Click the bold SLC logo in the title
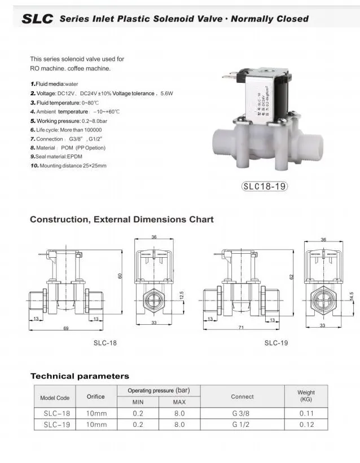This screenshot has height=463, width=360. click(38, 19)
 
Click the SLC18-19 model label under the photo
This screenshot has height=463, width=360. click(264, 187)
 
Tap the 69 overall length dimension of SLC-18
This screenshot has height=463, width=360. click(66, 328)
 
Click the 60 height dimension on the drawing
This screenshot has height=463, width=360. click(120, 276)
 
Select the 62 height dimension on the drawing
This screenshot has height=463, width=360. click(291, 276)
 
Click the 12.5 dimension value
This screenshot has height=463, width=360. click(182, 296)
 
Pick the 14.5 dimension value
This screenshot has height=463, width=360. click(352, 296)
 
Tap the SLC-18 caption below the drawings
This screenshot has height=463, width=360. click(105, 342)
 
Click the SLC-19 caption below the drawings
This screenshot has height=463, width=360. click(276, 342)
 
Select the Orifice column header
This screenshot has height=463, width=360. click(95, 396)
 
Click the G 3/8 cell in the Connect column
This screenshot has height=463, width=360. click(241, 413)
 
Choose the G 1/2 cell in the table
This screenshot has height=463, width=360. click(241, 425)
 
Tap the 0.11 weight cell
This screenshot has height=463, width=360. click(306, 413)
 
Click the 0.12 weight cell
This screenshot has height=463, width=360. click(306, 425)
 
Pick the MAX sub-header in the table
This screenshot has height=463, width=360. click(179, 402)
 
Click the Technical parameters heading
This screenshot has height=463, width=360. click(80, 376)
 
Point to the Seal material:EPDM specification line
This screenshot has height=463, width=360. click(56, 157)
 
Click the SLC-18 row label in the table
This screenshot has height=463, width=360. click(56, 413)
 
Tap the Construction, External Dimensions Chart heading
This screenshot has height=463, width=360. click(121, 219)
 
